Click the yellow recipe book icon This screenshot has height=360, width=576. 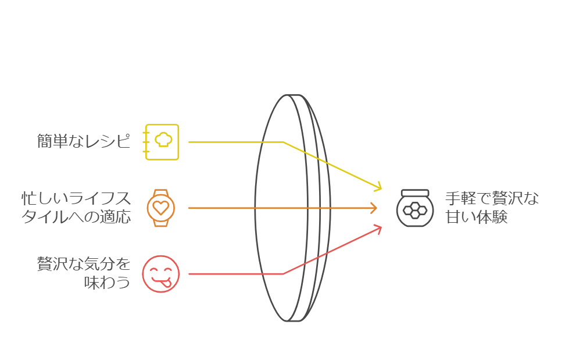162,141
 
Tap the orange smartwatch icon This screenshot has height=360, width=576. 161,208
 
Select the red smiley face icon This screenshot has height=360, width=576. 161,274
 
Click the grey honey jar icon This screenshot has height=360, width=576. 415,208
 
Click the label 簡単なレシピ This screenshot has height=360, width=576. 84,141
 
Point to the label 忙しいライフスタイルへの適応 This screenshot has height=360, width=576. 76,208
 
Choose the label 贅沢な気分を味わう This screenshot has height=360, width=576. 84,274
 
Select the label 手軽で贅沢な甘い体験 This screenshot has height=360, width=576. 492,208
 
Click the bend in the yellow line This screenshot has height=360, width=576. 284,142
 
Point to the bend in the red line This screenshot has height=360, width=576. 284,273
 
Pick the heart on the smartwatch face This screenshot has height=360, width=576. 161,208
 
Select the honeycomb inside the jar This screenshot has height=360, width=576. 415,211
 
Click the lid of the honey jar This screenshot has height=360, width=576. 415,193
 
